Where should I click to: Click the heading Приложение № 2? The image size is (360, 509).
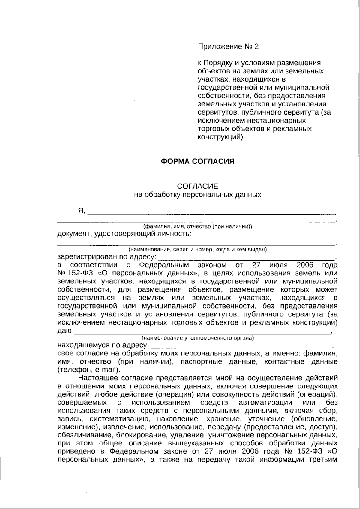point(228,46)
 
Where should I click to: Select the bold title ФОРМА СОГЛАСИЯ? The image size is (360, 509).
point(198,161)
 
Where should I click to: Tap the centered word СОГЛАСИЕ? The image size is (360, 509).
point(198,186)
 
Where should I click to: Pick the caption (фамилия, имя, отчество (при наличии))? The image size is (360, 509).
point(198,226)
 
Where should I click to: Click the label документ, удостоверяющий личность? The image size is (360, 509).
point(124,234)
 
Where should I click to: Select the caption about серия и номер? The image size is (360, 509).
point(198,250)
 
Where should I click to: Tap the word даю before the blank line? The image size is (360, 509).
point(64,331)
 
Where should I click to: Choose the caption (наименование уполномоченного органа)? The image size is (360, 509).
point(198,338)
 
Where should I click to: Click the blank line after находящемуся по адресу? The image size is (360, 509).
point(241,345)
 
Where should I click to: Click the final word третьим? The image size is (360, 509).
point(323,460)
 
